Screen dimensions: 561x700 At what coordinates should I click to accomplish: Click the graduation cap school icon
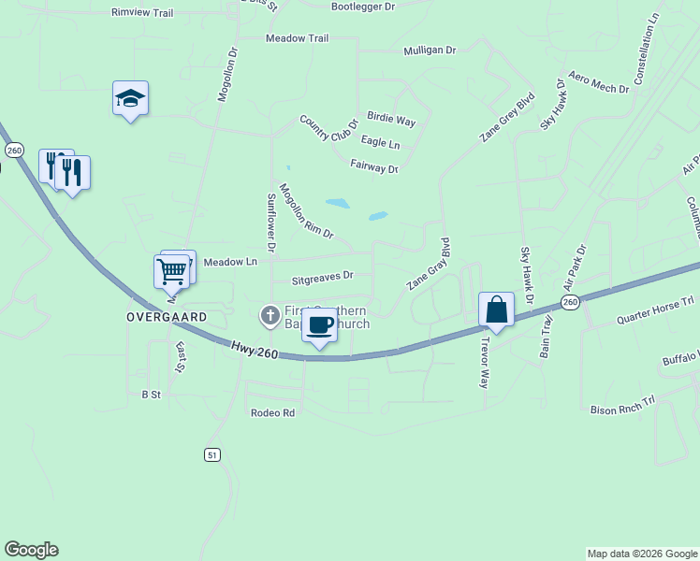(131, 98)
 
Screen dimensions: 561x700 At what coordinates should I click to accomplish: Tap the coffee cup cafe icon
(320, 326)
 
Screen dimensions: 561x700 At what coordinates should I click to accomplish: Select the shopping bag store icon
(496, 309)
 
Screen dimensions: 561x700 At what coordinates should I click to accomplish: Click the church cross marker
(270, 315)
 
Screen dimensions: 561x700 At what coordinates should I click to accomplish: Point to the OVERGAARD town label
(167, 317)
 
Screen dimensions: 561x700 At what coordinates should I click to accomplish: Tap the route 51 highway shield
(212, 454)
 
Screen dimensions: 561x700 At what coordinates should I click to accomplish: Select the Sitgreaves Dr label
(322, 277)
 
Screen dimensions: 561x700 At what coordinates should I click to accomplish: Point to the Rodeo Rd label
(272, 412)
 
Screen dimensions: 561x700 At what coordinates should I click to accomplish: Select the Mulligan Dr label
(429, 50)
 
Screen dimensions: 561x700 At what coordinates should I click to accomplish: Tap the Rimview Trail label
(142, 13)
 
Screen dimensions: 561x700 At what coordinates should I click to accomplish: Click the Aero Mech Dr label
(599, 86)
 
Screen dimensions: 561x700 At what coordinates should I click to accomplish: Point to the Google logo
(31, 550)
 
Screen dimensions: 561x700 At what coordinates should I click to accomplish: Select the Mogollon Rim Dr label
(306, 210)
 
